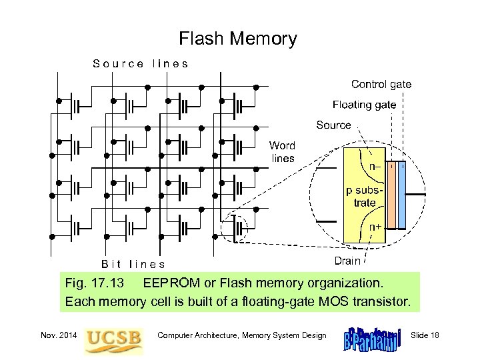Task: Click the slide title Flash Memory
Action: pyautogui.click(x=238, y=39)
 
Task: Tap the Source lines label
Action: pyautogui.click(x=141, y=64)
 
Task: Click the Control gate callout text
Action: pyautogui.click(x=381, y=85)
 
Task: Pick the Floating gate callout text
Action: pyautogui.click(x=364, y=105)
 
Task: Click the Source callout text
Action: pyautogui.click(x=333, y=124)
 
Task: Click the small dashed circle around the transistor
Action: pyautogui.click(x=236, y=229)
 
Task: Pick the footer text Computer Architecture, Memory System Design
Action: pyautogui.click(x=242, y=335)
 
